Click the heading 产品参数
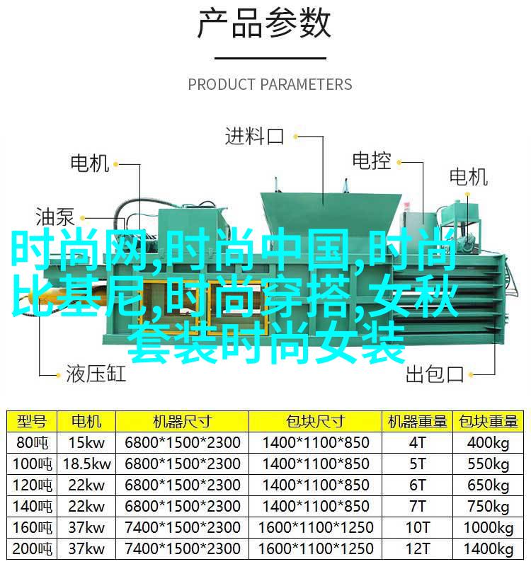[263, 24]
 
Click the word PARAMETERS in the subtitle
[307, 84]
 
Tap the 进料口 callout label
[254, 136]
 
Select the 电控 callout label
[372, 161]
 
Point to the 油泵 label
[55, 217]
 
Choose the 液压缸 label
[96, 374]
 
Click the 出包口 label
[435, 374]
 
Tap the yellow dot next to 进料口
[295, 137]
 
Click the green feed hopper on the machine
[331, 212]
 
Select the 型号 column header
[32, 421]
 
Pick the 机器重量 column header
[417, 421]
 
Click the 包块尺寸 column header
[315, 421]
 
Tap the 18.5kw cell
[86, 464]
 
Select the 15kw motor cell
[86, 442]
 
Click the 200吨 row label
[32, 548]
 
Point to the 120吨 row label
[32, 485]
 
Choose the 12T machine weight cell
[417, 548]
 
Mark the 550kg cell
[488, 464]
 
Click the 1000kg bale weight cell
[488, 528]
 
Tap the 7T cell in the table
[417, 506]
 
